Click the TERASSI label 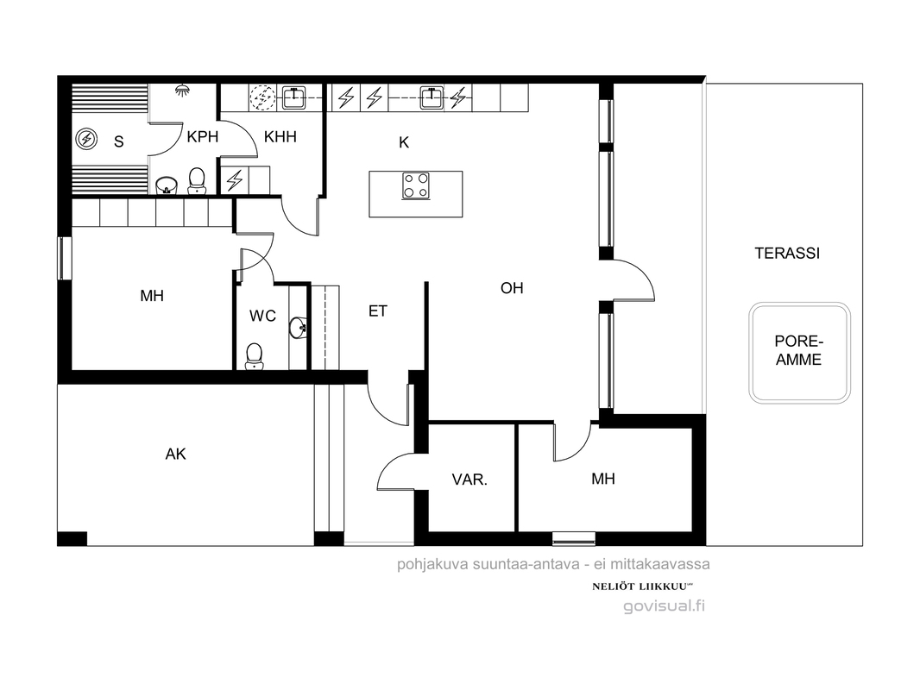point(787,254)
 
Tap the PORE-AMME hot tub point(799,353)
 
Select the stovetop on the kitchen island point(415,185)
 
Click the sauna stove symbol point(86,140)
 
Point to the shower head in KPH point(182,90)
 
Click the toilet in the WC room point(254,356)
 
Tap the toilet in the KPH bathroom point(197,181)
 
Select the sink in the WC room point(298,328)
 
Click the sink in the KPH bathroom point(167,185)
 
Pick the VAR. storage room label point(469,480)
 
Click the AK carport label point(175,454)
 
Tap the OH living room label point(512,288)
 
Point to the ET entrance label point(378,311)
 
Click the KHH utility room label point(280,137)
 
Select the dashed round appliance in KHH point(262,98)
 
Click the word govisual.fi point(664,605)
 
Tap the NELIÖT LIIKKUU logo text point(642,586)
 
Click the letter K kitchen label point(404,142)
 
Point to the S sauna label point(118,141)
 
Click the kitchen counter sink point(432,97)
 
